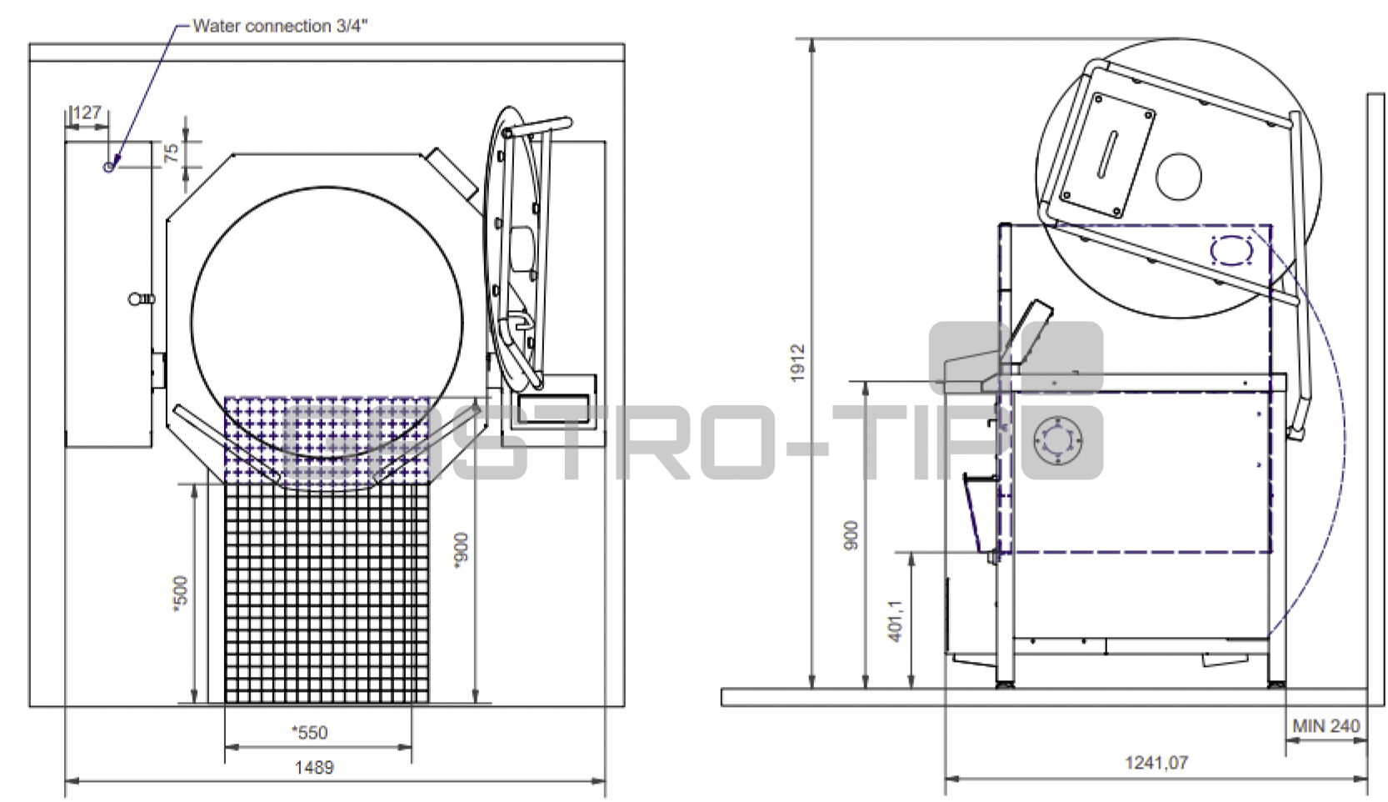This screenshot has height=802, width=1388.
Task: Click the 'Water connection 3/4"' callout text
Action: [x=280, y=26]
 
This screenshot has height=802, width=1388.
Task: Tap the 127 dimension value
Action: [x=87, y=113]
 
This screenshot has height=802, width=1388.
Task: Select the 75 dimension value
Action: [x=172, y=153]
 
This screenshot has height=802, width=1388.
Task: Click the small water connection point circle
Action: [x=108, y=167]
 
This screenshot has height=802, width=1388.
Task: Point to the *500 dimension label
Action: [x=180, y=594]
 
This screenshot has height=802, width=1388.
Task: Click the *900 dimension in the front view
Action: [x=461, y=549]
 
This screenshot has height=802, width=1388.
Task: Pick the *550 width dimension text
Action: [x=310, y=733]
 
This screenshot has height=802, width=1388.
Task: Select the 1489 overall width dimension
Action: [x=314, y=768]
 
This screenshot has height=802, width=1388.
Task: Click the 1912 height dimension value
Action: [x=797, y=363]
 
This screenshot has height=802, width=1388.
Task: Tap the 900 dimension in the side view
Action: [x=851, y=534]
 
